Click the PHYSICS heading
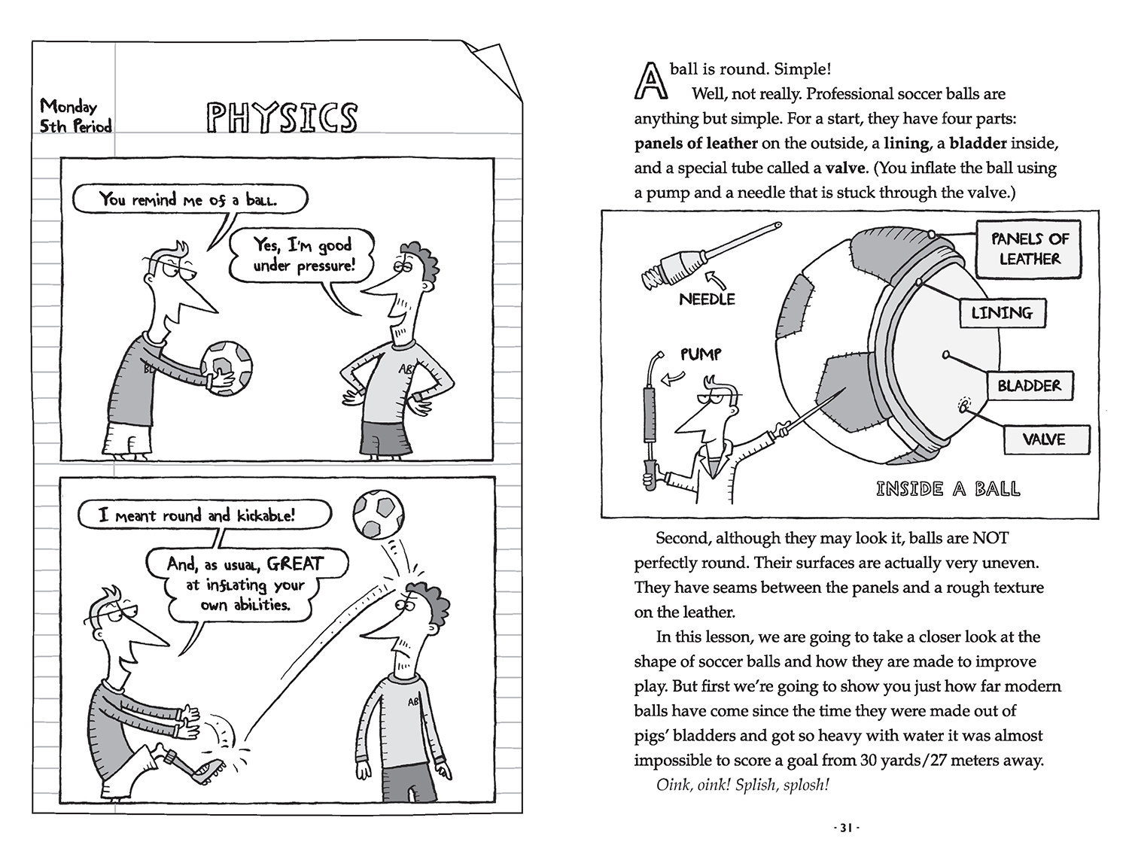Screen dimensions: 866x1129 click(281, 118)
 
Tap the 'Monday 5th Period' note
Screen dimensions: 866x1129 click(75, 116)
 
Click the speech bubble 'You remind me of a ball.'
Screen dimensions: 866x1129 click(190, 199)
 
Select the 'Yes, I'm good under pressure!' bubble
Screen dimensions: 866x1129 click(303, 255)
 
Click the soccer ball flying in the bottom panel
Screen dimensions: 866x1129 click(379, 515)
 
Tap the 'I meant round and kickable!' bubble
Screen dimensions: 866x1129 click(204, 515)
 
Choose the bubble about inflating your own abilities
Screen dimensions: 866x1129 click(245, 584)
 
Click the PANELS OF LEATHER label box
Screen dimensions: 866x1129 click(1029, 248)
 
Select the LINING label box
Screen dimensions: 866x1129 click(1002, 312)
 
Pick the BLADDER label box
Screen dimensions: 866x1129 click(1029, 386)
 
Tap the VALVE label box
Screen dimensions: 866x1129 click(1045, 439)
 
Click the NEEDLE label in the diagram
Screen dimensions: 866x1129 click(707, 299)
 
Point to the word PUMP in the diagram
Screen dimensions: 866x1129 click(701, 354)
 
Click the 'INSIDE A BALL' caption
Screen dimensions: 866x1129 click(948, 489)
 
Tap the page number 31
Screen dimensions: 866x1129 click(845, 828)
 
